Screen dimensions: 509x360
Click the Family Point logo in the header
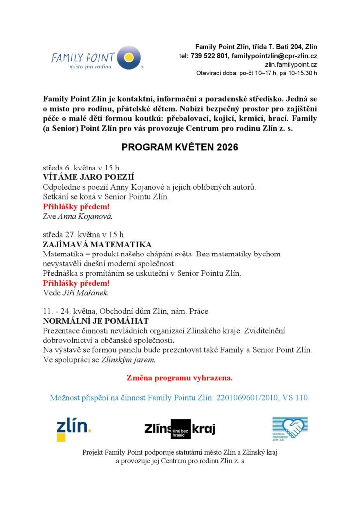click(x=96, y=59)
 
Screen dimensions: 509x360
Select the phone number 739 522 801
click(x=209, y=56)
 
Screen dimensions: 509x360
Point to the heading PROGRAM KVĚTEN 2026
click(x=180, y=148)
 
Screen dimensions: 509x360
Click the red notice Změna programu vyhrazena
click(x=180, y=378)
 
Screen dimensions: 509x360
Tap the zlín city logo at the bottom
click(x=73, y=428)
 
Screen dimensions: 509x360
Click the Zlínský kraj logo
click(x=180, y=429)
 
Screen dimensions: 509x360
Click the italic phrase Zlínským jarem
click(x=128, y=359)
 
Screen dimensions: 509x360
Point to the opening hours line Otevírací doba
click(x=257, y=74)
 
